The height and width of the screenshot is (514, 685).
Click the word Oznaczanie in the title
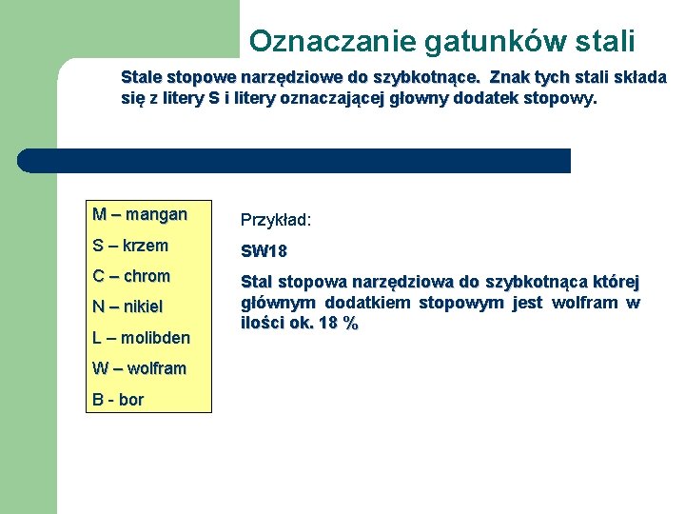click(319, 41)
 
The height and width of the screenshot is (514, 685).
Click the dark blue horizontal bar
click(295, 161)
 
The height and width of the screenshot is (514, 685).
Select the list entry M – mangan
click(140, 214)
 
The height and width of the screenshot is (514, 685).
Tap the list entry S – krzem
click(130, 246)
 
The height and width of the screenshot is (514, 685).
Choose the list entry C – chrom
click(131, 276)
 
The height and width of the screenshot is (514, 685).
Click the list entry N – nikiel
click(127, 306)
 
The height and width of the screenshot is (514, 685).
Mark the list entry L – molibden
click(141, 338)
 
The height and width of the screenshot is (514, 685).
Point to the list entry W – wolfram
click(139, 368)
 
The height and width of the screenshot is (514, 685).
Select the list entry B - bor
click(118, 400)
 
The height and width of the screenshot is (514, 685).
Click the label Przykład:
click(276, 220)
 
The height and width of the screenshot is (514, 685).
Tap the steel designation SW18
click(264, 251)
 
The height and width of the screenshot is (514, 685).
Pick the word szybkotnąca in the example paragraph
click(538, 283)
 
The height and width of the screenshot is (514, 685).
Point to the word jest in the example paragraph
click(527, 303)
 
